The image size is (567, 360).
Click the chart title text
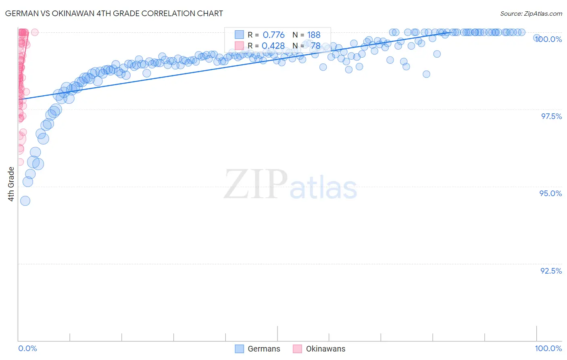[x=114, y=13]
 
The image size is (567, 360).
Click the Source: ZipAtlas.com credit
[x=531, y=14]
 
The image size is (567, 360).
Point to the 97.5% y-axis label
[x=551, y=116]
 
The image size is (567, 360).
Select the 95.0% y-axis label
[x=550, y=193]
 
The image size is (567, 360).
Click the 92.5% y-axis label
[x=551, y=271]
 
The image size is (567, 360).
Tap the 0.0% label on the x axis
[x=27, y=348]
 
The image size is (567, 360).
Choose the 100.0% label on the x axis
[x=548, y=348]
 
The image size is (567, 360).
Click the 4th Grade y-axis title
[x=11, y=184]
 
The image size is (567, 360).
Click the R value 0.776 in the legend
[x=273, y=35]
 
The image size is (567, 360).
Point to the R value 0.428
[x=273, y=46]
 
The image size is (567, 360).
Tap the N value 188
[x=314, y=35]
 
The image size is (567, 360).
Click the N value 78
[x=315, y=46]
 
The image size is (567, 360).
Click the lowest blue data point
[x=25, y=201]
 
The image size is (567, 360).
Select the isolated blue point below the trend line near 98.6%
[x=426, y=74]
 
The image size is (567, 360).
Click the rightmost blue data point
[x=537, y=38]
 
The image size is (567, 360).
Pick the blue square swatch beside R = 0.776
[x=240, y=35]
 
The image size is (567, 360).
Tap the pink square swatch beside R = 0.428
[x=240, y=46]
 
